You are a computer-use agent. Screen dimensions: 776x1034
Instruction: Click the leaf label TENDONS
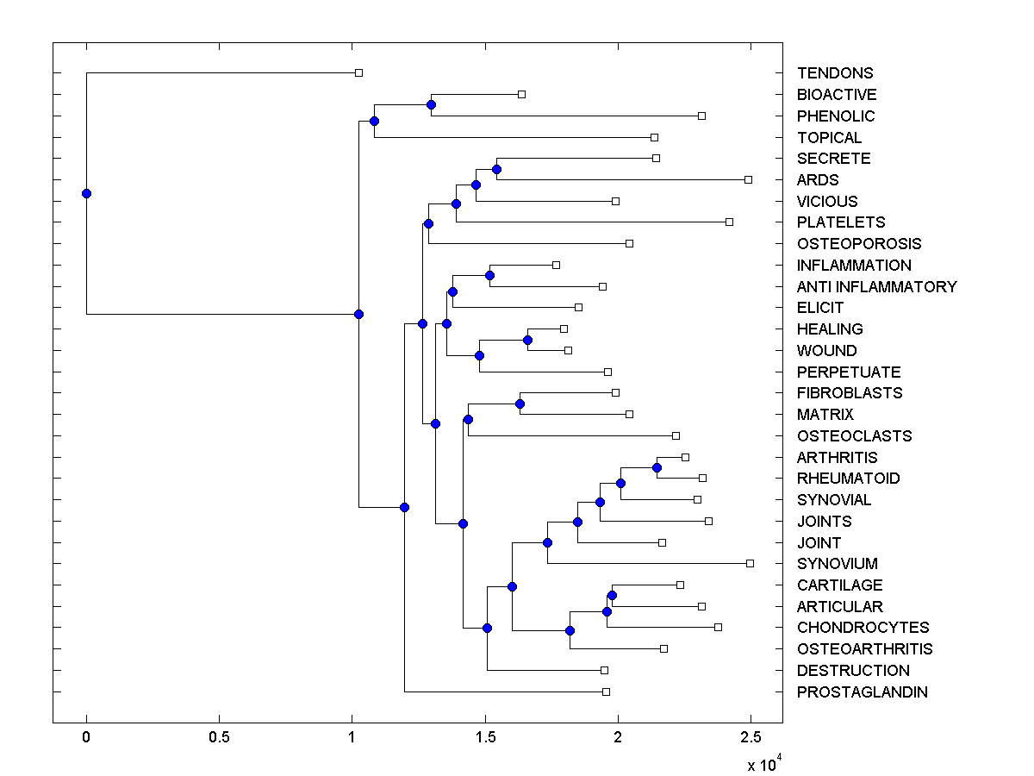pos(835,73)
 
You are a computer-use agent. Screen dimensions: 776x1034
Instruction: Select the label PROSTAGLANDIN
pos(863,692)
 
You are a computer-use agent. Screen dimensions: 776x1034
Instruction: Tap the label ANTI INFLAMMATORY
pos(876,286)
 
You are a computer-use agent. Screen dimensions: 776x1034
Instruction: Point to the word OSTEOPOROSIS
pos(859,244)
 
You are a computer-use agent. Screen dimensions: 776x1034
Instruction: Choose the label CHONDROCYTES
pos(863,628)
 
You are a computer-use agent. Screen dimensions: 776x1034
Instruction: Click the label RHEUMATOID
pos(849,479)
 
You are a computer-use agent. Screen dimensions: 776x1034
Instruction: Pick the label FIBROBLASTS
pos(850,393)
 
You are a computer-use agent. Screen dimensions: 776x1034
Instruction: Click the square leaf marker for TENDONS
pos(359,73)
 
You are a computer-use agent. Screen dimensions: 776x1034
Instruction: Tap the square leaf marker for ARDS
pos(748,179)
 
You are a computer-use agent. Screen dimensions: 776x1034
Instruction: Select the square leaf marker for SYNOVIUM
pos(750,563)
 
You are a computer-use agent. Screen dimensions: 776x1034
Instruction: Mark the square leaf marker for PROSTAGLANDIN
pos(606,692)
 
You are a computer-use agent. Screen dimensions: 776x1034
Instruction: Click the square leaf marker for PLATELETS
pos(729,222)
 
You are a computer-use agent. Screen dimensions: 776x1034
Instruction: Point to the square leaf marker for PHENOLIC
pos(701,116)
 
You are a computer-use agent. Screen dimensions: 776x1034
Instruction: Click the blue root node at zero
pos(86,193)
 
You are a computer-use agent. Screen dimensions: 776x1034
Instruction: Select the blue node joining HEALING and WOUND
pos(527,340)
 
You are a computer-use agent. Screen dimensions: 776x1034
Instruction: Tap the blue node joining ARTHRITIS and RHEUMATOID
pos(657,467)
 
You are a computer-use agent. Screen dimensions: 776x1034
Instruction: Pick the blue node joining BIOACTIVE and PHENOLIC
pos(431,104)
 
